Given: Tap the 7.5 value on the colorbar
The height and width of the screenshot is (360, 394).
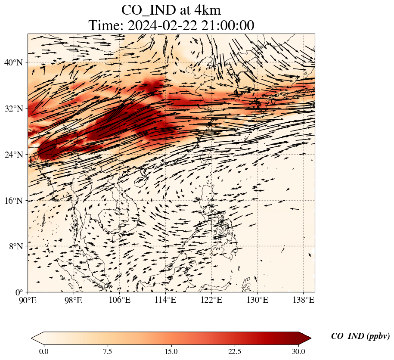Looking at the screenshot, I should tap(108, 351).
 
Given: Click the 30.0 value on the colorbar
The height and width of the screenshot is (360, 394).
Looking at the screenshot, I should tap(298, 351).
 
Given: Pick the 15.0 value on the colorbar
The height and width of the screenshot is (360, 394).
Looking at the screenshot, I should tap(171, 351).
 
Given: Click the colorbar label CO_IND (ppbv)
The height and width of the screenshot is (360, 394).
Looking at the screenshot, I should tap(360, 336).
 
